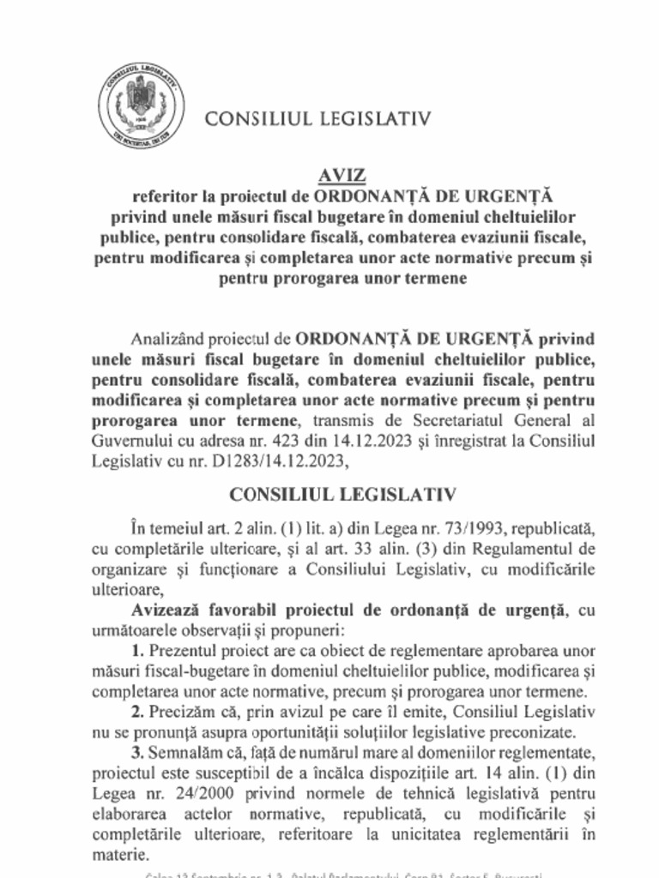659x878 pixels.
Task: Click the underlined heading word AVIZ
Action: (342, 175)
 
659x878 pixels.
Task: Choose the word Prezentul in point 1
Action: (188, 651)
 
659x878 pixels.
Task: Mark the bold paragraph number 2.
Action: (136, 712)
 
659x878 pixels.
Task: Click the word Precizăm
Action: (181, 712)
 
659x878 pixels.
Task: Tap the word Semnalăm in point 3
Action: (187, 752)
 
